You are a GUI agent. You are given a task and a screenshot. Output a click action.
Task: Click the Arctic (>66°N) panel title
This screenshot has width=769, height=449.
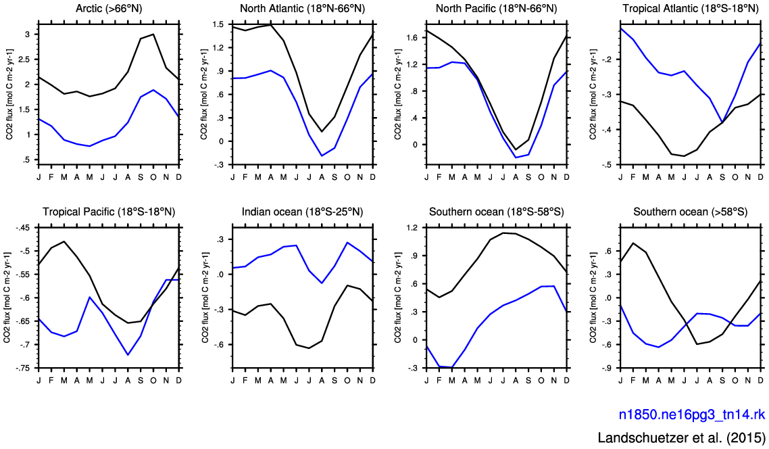[109, 8]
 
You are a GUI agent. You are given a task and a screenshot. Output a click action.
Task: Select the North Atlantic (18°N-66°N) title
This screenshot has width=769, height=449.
[303, 8]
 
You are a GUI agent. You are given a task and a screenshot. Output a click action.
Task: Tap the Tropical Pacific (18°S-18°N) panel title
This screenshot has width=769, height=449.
[109, 212]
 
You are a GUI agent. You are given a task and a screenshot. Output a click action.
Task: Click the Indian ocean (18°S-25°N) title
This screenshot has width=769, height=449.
[303, 212]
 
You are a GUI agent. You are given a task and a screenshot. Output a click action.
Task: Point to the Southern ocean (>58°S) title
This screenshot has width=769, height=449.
[691, 212]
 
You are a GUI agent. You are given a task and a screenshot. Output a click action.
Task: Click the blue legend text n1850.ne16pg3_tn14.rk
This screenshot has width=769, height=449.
[692, 414]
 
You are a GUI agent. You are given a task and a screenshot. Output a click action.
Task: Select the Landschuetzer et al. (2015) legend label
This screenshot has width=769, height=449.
[682, 438]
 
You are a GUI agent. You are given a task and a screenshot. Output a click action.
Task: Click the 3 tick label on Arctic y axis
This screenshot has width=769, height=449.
[28, 34]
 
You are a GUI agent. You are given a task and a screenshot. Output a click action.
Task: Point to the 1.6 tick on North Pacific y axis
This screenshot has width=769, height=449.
[412, 38]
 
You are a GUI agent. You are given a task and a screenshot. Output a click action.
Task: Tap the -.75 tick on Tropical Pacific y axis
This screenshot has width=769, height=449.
[22, 368]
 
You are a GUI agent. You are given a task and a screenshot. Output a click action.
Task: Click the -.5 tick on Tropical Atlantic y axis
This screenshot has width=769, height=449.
[607, 165]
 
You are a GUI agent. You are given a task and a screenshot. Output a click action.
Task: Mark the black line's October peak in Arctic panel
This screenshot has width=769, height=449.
[153, 34]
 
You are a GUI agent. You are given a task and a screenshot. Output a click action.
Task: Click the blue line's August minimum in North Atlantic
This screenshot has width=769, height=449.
[322, 156]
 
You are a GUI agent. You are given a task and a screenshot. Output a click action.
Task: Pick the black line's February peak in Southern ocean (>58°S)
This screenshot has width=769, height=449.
[633, 243]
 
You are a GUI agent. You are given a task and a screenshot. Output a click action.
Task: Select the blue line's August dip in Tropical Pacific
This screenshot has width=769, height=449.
[128, 354]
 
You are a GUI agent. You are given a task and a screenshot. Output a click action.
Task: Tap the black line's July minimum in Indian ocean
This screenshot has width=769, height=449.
[309, 348]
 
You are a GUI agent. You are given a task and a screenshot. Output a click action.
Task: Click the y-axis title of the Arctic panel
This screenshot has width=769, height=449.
[10, 94]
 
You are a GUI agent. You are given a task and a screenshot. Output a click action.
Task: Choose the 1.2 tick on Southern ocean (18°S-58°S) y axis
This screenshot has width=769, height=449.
[412, 228]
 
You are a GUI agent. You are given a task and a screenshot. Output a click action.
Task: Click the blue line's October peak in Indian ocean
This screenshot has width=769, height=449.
[347, 242]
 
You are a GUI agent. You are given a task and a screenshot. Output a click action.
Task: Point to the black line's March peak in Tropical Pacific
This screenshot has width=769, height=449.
[64, 241]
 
